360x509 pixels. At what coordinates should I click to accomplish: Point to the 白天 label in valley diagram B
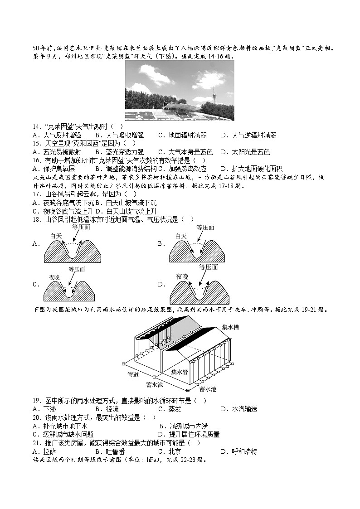[181, 236]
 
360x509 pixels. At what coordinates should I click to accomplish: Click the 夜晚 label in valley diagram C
[54, 277]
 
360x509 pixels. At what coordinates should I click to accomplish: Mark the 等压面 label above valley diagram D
[209, 267]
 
